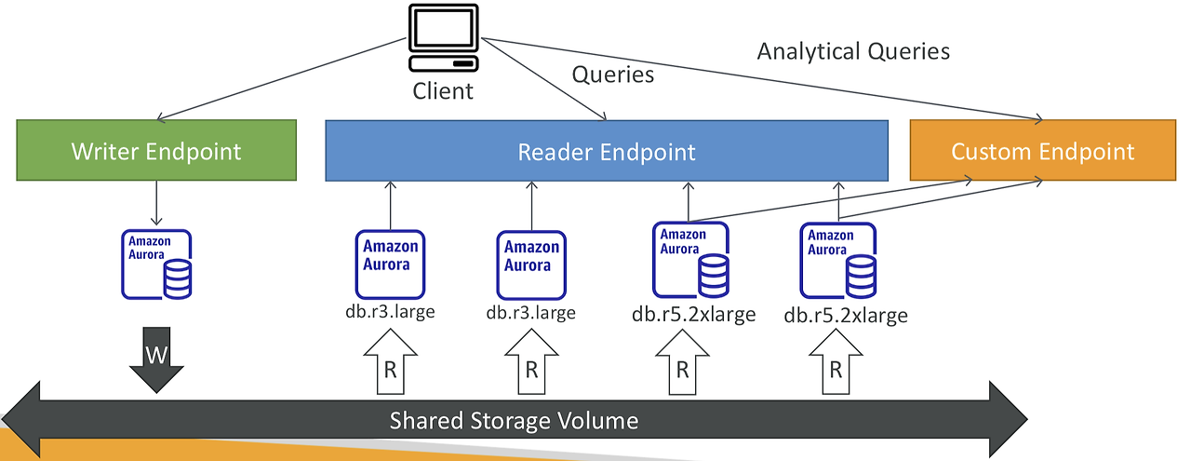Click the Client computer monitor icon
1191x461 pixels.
(444, 37)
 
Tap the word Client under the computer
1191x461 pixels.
(443, 91)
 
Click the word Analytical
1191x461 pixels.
(809, 51)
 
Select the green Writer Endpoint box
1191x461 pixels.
(156, 150)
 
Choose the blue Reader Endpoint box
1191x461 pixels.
(607, 151)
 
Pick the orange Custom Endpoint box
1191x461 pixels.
(1043, 150)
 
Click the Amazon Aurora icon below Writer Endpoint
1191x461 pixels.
(156, 264)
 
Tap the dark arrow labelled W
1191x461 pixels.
(156, 359)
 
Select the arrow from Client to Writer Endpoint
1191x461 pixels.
(282, 79)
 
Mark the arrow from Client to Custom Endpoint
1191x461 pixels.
(762, 79)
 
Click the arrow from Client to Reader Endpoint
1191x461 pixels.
(544, 79)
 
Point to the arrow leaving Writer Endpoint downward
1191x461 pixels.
(156, 203)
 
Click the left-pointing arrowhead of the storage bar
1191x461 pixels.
(20, 419)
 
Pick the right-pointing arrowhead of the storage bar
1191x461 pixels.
(1009, 419)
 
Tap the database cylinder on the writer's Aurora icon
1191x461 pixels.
(178, 279)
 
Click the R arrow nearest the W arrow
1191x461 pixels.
(390, 361)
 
